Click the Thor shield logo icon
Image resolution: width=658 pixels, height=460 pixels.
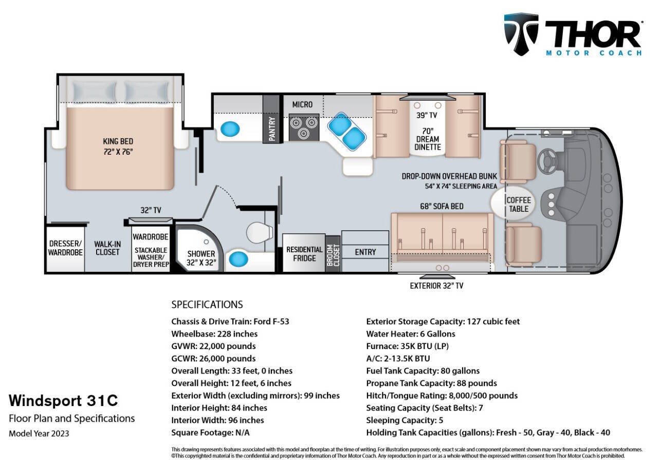pos(521,33)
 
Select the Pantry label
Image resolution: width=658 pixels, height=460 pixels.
pos(272,129)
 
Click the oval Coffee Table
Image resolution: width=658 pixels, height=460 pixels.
pos(518,204)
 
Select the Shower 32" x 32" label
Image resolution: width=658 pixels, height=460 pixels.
pos(201,257)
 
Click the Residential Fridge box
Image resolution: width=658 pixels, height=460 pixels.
pos(304,253)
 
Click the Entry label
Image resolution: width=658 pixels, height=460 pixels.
pos(365,252)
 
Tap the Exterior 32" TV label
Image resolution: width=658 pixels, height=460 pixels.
pos(436,285)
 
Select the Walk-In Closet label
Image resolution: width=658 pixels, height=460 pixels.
pos(107,248)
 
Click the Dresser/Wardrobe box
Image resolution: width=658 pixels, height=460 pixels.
pos(65,248)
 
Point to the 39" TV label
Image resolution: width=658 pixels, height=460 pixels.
pos(427,115)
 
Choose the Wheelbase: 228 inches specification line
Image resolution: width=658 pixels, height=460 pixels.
pos(214,334)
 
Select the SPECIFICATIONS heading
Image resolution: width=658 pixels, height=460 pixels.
pos(207,304)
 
